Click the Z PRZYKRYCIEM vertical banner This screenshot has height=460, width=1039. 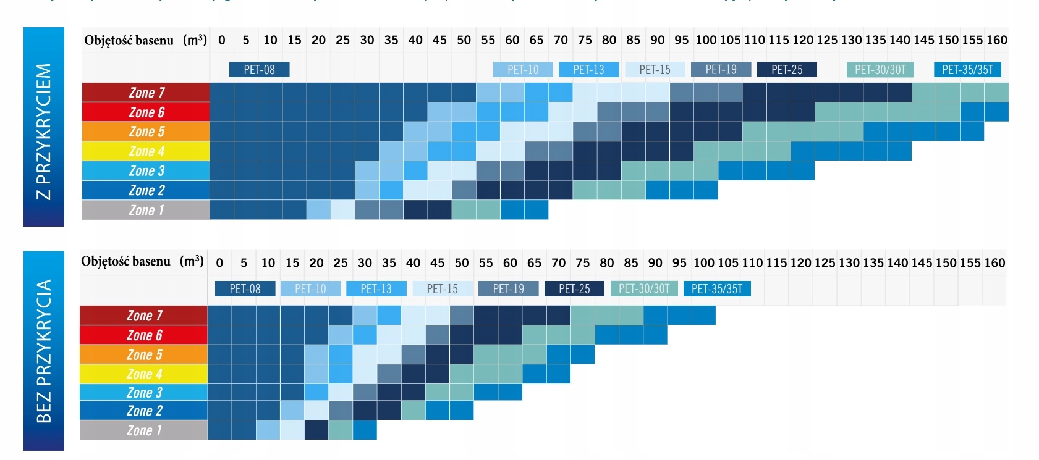(x=43, y=127)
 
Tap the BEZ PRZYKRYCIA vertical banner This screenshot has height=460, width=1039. (x=43, y=351)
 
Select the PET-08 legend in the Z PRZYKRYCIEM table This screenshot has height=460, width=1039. (x=259, y=70)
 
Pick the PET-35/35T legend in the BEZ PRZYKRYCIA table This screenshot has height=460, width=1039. (x=717, y=289)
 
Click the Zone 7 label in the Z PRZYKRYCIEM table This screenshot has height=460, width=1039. (x=146, y=93)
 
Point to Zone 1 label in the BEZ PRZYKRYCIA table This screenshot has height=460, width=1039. (x=143, y=430)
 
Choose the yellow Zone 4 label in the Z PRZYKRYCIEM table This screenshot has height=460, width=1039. (x=146, y=151)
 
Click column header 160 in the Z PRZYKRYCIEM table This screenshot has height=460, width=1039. (x=996, y=40)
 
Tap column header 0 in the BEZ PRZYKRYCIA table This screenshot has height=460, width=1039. (x=219, y=263)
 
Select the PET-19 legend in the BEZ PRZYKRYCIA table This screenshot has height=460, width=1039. (x=508, y=289)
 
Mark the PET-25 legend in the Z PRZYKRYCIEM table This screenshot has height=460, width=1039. (x=787, y=70)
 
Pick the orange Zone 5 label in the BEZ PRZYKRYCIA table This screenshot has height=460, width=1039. (x=143, y=355)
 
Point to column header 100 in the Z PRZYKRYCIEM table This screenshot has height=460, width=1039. (x=706, y=40)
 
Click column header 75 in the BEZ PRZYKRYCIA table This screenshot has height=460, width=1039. (x=583, y=263)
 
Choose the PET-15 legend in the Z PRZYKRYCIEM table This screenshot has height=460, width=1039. (x=655, y=70)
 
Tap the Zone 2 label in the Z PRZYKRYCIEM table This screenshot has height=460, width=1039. (x=146, y=190)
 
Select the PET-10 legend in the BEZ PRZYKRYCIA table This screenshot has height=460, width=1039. (x=310, y=289)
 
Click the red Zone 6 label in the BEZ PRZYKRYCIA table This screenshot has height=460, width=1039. (x=143, y=335)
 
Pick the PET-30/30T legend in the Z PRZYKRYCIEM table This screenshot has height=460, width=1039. (x=880, y=70)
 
